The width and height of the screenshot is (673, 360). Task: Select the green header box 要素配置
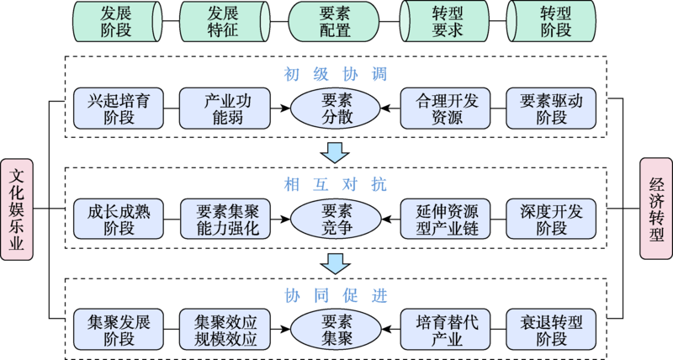coord(336,22)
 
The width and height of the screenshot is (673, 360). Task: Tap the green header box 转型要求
coord(443,22)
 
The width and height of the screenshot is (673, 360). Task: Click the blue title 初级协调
coord(336,73)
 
